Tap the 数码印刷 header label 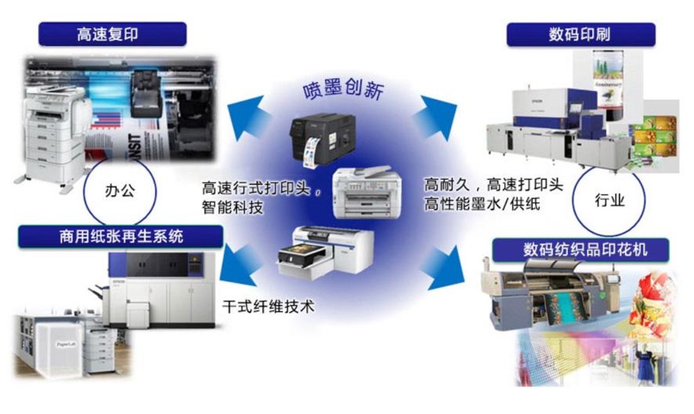[x=580, y=34]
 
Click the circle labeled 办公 [x=121, y=191]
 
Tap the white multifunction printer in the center [x=364, y=191]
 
